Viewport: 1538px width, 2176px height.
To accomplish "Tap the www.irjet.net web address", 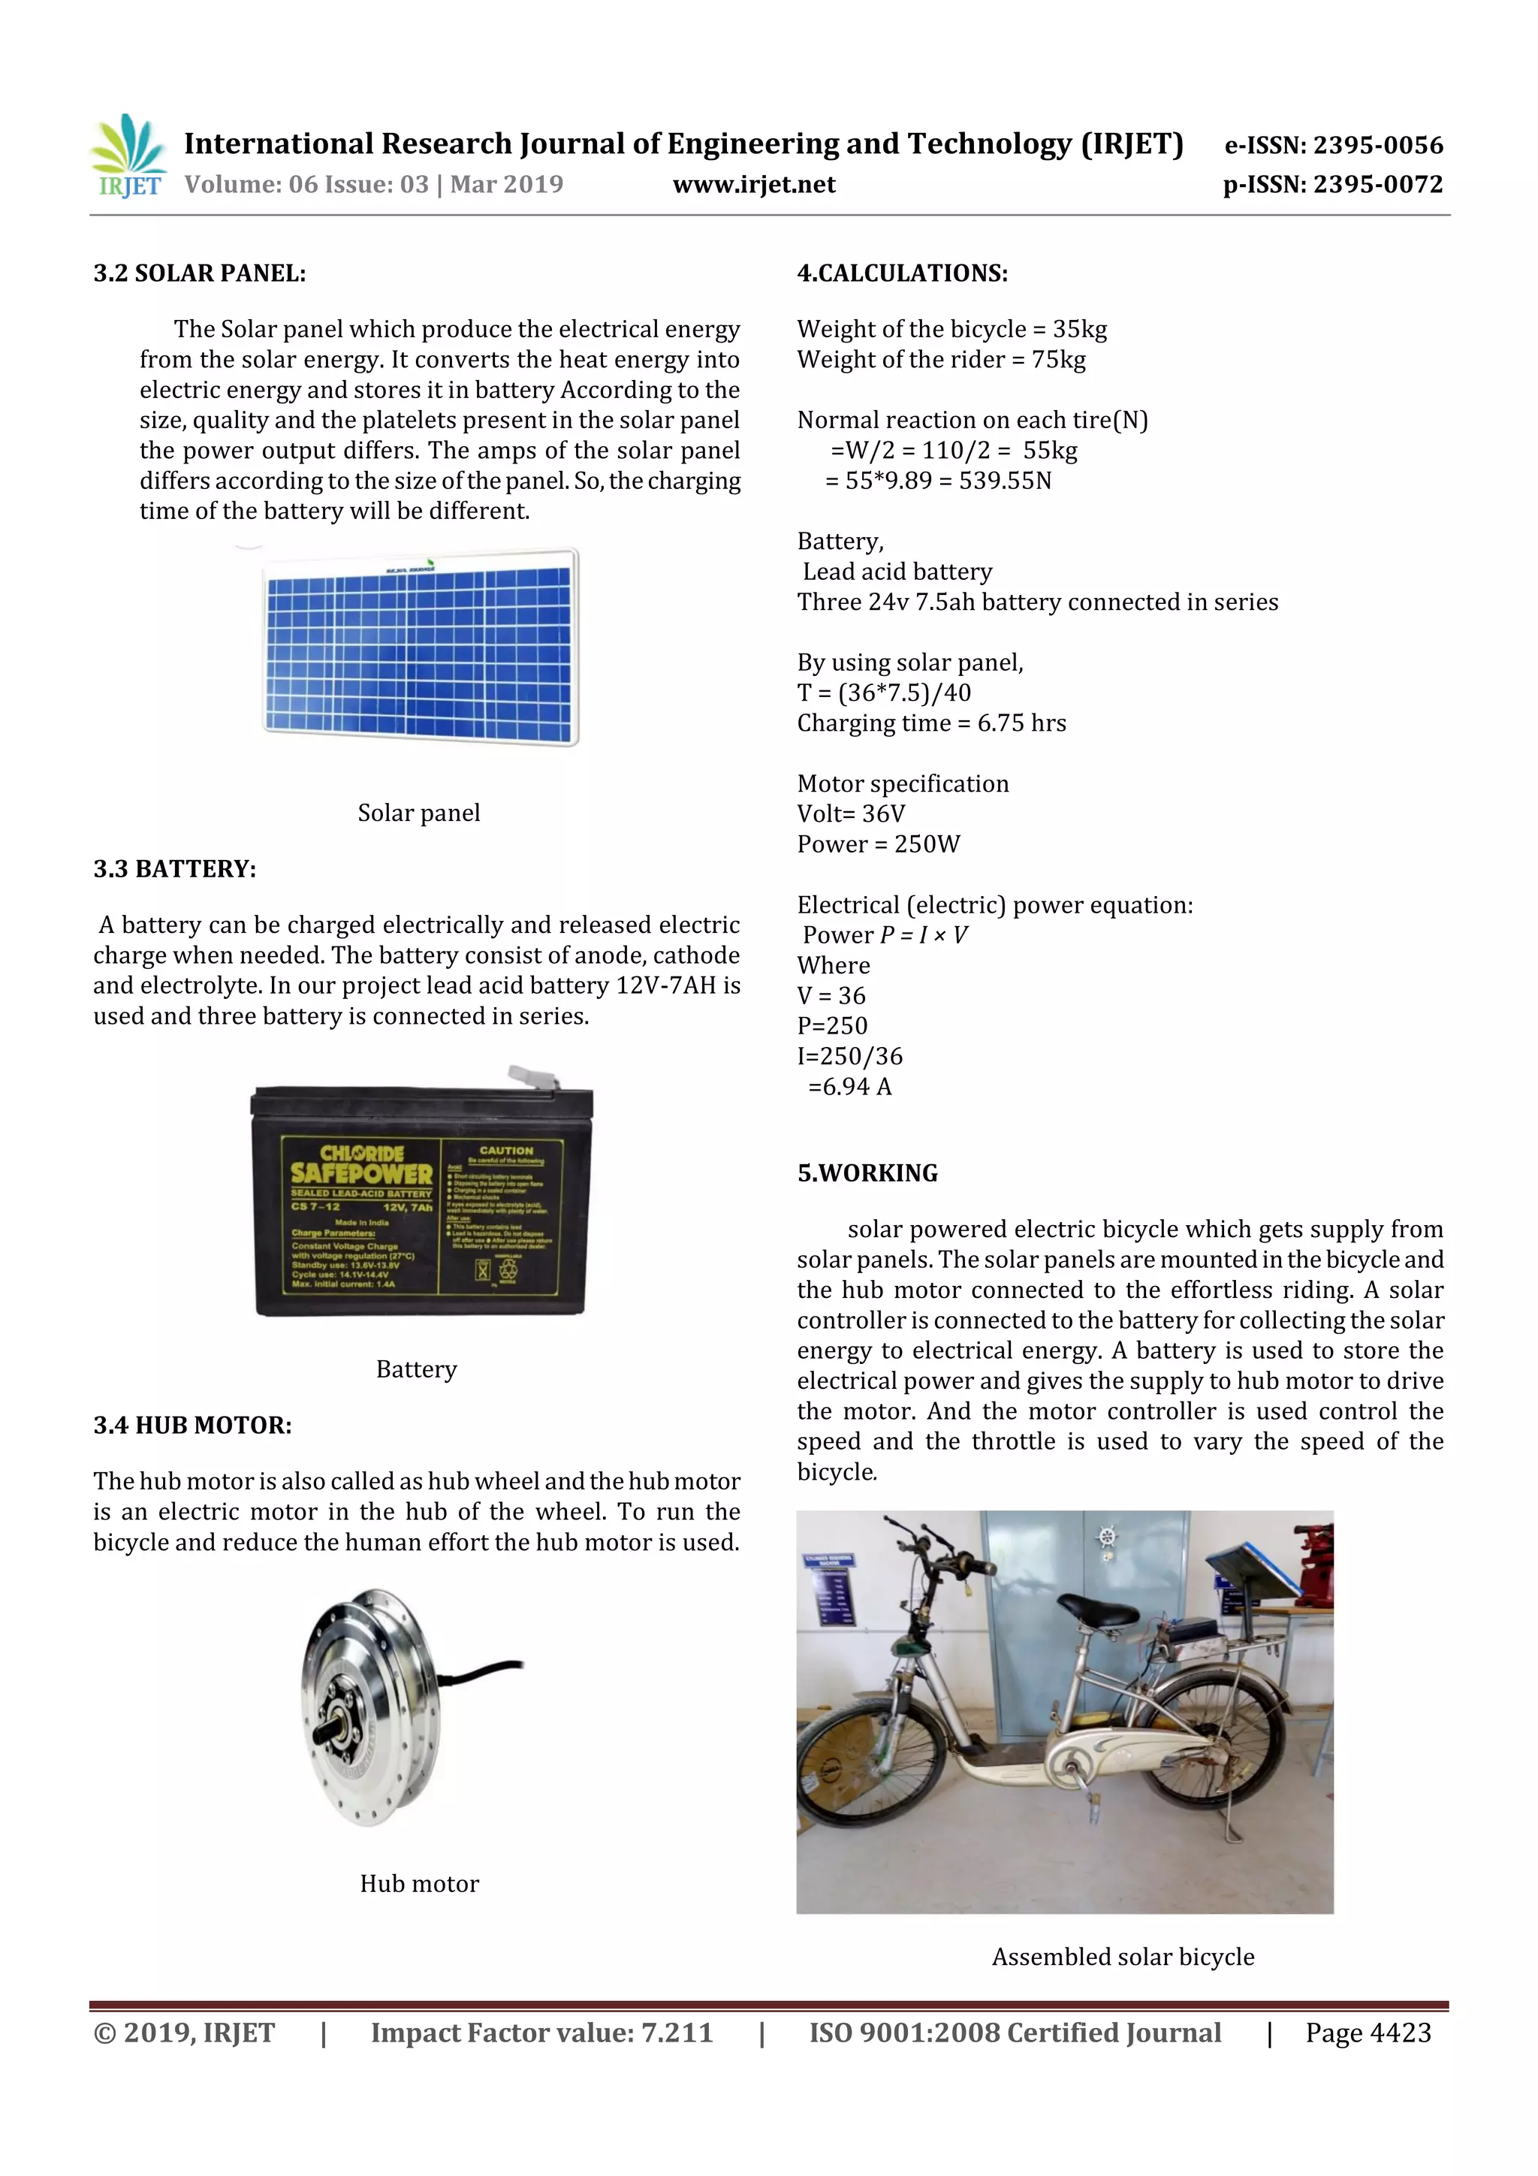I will [753, 185].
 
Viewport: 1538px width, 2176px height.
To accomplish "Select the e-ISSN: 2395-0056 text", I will [1333, 145].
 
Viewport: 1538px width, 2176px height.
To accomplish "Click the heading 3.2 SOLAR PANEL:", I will [199, 274].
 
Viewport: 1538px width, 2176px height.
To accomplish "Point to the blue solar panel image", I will [420, 648].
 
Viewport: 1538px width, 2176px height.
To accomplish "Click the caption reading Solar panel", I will [419, 813].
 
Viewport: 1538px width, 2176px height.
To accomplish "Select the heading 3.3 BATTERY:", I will [174, 869].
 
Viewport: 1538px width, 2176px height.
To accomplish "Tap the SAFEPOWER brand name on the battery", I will [361, 1173].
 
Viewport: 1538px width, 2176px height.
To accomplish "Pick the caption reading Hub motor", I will [419, 1884].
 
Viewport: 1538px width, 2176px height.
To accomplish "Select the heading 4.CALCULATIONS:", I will [902, 274].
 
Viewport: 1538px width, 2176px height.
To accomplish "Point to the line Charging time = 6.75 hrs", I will [930, 723].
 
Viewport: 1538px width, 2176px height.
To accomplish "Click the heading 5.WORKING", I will [867, 1173].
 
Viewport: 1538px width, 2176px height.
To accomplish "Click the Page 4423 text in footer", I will [1368, 2033].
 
